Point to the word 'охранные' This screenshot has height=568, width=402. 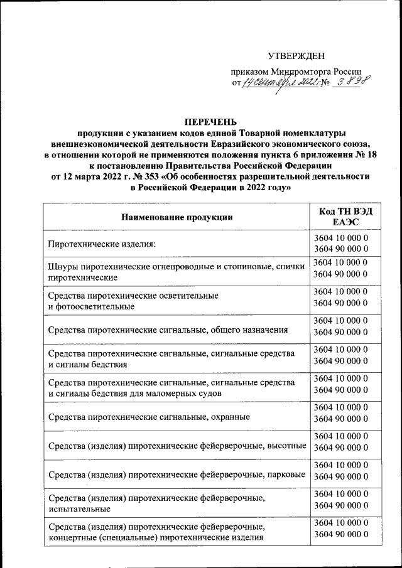[x=232, y=416]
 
